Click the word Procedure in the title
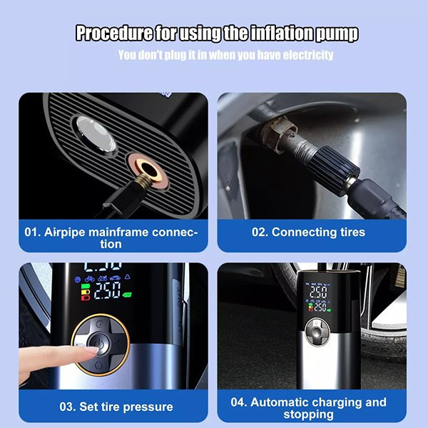coord(114,34)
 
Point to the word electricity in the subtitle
coord(308,55)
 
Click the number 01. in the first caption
coord(33,233)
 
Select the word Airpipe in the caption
coord(65,233)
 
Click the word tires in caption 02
coord(352,233)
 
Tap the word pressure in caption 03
coord(148,407)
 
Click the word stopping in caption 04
coord(308,414)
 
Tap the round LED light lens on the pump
coord(96,134)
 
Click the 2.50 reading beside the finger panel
coord(107,290)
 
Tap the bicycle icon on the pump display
coord(89,279)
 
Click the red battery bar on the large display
coord(86,297)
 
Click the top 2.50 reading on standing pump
coord(318,292)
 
